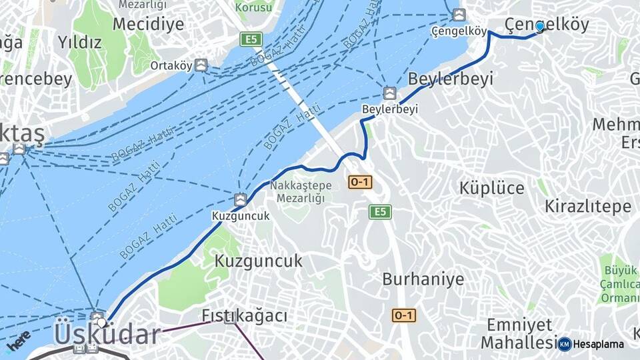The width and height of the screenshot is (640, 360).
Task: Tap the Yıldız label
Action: (79, 43)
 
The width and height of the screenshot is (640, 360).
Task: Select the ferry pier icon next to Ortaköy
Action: (201, 65)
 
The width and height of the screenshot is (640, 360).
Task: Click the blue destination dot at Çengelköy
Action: (539, 26)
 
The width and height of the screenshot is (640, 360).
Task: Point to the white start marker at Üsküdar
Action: (101, 323)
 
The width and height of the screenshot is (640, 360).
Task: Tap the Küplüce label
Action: (491, 188)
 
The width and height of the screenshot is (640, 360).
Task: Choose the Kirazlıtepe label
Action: (587, 206)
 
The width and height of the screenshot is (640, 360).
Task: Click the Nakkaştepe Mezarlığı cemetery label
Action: (297, 191)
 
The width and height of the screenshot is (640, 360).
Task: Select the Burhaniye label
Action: (423, 279)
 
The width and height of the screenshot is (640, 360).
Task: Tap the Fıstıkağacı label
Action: (244, 315)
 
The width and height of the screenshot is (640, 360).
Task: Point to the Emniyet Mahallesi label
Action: (519, 333)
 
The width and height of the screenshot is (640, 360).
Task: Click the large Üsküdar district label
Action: (107, 334)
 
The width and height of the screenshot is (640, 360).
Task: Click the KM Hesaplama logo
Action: (591, 344)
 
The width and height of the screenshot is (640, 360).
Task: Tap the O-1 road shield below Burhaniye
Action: (404, 315)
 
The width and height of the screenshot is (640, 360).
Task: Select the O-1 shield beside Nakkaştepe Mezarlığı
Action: (360, 181)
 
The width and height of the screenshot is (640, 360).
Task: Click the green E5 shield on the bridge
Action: (251, 39)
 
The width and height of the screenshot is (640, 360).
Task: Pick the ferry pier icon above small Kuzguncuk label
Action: (240, 199)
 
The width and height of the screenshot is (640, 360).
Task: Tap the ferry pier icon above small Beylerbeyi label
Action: (390, 93)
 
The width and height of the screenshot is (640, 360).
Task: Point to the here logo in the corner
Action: (18, 340)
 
